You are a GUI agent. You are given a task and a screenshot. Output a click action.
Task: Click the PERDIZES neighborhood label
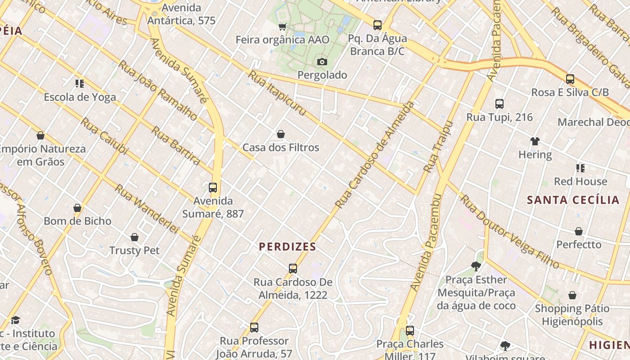click(x=288, y=247)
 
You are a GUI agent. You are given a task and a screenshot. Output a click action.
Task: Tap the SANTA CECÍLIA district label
click(x=573, y=200)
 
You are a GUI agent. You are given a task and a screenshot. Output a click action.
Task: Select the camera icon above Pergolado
click(x=322, y=62)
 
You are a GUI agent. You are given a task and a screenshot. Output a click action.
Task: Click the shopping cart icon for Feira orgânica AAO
click(x=282, y=27)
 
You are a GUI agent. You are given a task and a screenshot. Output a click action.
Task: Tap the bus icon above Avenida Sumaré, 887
click(x=213, y=188)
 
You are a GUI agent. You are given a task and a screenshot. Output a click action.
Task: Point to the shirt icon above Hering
click(x=535, y=141)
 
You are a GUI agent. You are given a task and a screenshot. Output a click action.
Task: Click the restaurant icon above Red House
click(x=580, y=168)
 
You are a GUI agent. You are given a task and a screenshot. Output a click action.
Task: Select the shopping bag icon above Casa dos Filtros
click(x=281, y=134)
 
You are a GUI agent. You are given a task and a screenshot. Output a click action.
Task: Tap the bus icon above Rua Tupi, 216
click(x=499, y=104)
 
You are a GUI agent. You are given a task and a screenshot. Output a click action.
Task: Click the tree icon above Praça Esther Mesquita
click(x=476, y=266)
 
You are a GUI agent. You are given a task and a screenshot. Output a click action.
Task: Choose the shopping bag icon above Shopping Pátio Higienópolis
click(x=572, y=295)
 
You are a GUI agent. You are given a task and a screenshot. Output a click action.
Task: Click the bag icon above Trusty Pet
click(x=134, y=237)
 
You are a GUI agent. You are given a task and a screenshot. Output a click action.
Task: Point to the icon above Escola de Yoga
click(x=80, y=83)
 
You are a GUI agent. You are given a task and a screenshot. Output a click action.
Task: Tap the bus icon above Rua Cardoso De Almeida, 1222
click(x=293, y=269)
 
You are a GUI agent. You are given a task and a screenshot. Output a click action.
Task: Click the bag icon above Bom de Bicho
click(x=77, y=208)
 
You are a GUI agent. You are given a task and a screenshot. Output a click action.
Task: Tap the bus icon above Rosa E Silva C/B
click(x=570, y=79)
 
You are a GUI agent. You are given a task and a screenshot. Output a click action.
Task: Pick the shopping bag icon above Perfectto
click(x=579, y=231)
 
